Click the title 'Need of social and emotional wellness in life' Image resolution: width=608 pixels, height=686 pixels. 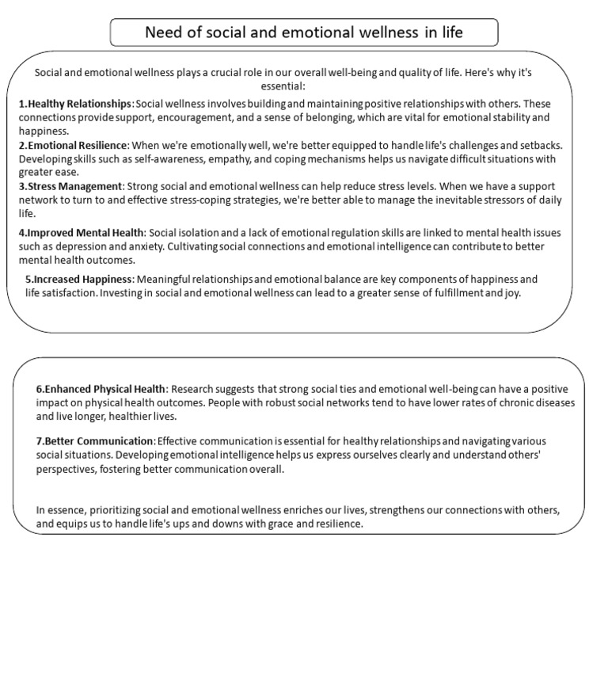[x=304, y=32]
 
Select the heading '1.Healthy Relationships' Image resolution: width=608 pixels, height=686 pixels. [x=75, y=105]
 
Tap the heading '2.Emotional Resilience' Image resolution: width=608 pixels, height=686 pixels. [x=73, y=146]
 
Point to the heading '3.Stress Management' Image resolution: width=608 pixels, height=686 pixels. [x=70, y=187]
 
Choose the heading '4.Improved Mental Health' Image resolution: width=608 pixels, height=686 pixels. [x=82, y=233]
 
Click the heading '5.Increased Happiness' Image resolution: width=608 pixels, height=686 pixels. [x=79, y=280]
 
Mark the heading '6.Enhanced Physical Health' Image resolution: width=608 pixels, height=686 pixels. [x=101, y=390]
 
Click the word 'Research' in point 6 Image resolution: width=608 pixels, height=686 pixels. [x=192, y=390]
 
